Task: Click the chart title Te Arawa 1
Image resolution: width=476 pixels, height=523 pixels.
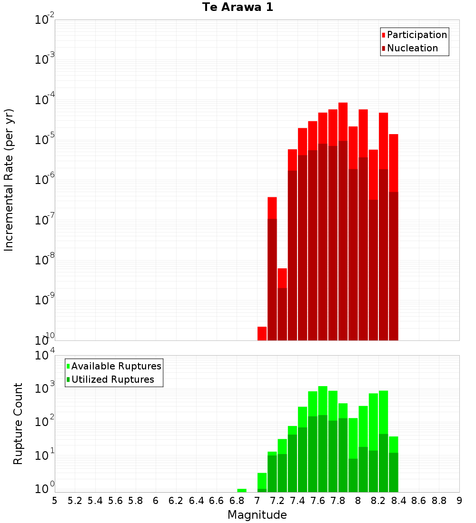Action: pyautogui.click(x=238, y=8)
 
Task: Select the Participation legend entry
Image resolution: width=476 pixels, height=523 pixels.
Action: pyautogui.click(x=416, y=35)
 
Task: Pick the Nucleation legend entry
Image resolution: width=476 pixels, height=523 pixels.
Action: pyautogui.click(x=412, y=48)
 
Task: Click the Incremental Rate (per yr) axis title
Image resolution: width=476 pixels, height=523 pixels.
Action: pyautogui.click(x=9, y=180)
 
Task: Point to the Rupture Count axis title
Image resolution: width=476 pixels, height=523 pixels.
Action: pyautogui.click(x=18, y=424)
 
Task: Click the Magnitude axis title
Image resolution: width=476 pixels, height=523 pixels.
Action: pyautogui.click(x=257, y=515)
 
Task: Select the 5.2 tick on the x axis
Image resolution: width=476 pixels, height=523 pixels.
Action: pyautogui.click(x=75, y=501)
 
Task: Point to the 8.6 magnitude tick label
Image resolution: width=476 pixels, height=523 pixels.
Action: pyautogui.click(x=419, y=501)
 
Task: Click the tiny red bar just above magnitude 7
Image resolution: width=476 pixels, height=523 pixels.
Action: pyautogui.click(x=262, y=333)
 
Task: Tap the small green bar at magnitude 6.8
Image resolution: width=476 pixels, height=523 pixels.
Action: pyautogui.click(x=242, y=490)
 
